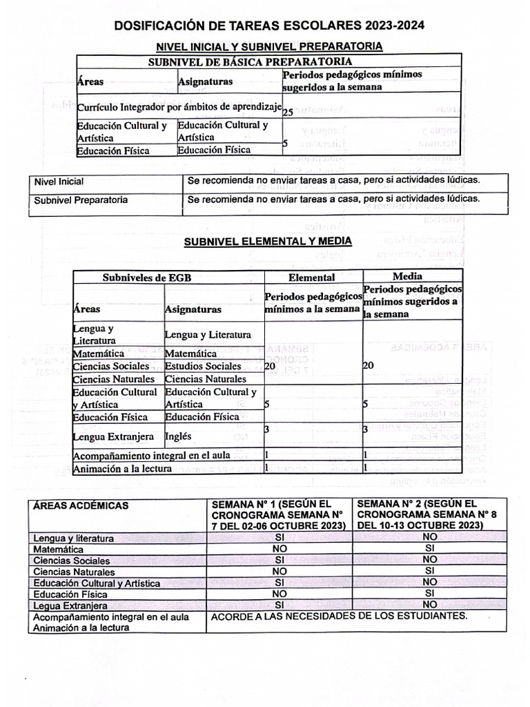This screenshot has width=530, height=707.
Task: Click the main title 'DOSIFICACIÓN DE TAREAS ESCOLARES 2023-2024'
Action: point(268,26)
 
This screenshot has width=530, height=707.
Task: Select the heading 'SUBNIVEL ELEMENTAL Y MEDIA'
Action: point(267,241)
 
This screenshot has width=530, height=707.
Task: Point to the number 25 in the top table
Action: point(288,112)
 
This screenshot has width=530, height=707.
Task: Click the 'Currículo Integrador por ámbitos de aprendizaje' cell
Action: point(179,108)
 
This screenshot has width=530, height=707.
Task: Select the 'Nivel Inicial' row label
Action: point(59,182)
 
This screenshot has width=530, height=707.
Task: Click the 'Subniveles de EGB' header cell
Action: point(147,278)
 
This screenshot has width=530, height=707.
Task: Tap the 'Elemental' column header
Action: point(312,278)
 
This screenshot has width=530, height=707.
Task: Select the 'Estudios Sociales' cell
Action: point(203,366)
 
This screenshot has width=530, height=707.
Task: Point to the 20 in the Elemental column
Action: point(270,366)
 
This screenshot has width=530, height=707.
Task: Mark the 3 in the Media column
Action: point(366,429)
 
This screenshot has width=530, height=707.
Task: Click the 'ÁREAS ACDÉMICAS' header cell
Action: point(81,506)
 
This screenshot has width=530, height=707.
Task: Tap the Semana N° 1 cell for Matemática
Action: point(279,549)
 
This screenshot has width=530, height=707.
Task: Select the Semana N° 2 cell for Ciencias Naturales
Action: point(429,571)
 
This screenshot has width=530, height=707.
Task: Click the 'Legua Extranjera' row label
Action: point(70,606)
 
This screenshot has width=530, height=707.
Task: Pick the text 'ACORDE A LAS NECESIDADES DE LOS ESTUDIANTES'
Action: point(339,616)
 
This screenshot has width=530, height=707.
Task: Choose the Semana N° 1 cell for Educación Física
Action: point(279,594)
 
